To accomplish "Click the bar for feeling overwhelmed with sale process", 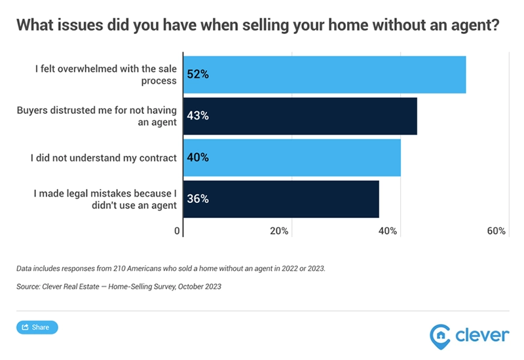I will click(324, 75).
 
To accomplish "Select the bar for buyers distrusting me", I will click(300, 116).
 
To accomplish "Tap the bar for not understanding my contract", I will click(291, 157).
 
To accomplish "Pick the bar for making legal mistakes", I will click(281, 199).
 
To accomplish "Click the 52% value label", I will click(198, 75).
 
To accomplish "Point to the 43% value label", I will click(198, 116).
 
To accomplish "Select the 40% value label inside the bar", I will click(198, 157).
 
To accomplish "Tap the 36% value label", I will click(198, 199).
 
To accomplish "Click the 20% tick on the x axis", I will click(280, 231).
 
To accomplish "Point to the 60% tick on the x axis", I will click(496, 231).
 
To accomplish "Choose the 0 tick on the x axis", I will click(177, 231).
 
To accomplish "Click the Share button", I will click(37, 327).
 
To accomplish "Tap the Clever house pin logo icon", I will click(440, 335).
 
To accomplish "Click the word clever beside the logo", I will click(482, 335).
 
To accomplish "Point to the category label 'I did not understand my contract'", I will click(103, 158).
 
